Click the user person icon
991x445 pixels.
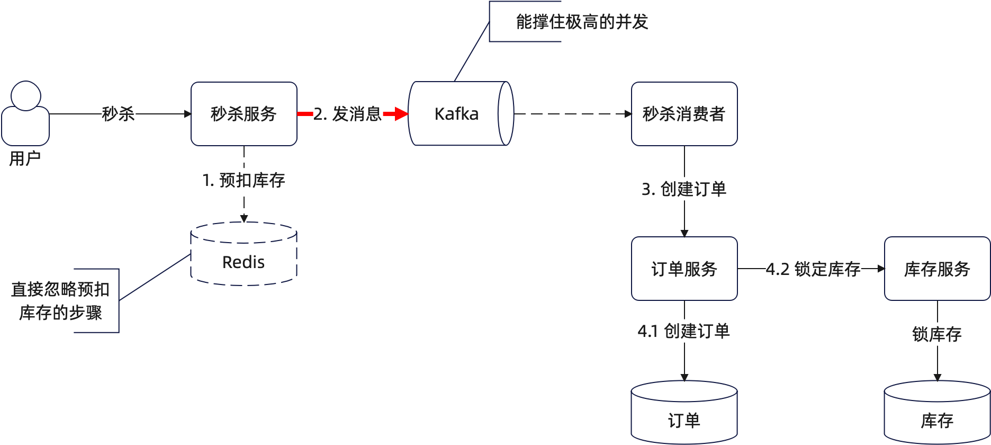25,113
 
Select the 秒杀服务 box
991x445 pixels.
244,114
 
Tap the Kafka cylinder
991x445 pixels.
456,114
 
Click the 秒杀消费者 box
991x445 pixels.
684,114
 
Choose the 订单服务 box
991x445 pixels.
684,269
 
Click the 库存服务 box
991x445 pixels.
937,269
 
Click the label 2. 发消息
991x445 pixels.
347,114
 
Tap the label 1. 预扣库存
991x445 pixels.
244,180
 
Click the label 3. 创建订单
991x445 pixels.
684,189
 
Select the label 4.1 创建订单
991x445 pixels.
684,331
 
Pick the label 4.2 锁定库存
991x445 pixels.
813,269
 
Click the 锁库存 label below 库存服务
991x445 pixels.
937,334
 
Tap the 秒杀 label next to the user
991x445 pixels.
119,114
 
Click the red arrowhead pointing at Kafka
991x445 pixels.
400,114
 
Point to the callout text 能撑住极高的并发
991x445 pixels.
582,22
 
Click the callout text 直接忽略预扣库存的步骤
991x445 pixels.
60,301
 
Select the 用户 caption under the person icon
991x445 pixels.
25,158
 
